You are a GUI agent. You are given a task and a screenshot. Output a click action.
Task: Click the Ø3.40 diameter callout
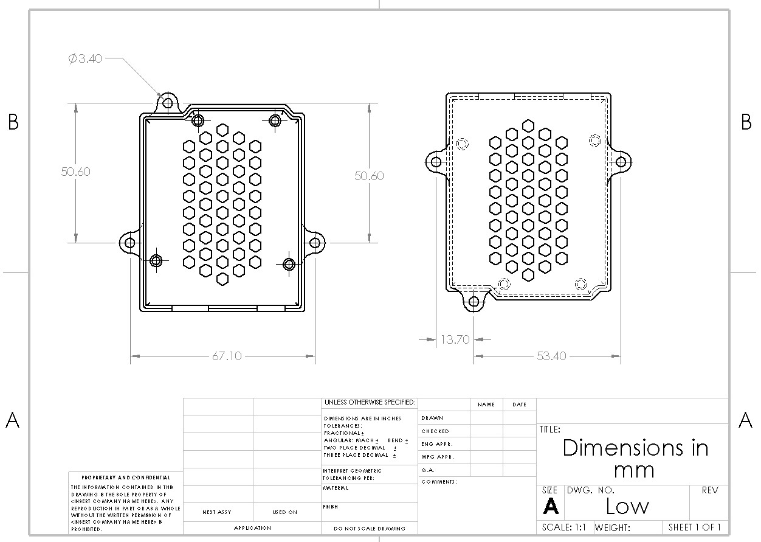pyautogui.click(x=85, y=59)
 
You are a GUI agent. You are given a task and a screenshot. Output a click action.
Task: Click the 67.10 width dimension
pyautogui.click(x=226, y=356)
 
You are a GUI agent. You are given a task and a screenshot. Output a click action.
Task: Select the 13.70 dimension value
pyautogui.click(x=455, y=339)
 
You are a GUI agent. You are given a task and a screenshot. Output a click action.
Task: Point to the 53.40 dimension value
pyautogui.click(x=551, y=356)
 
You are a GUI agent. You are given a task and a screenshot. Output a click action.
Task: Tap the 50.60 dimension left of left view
pyautogui.click(x=75, y=172)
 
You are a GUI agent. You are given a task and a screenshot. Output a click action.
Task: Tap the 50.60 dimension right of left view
pyautogui.click(x=370, y=176)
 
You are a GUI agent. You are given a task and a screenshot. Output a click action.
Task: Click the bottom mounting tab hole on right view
pyautogui.click(x=475, y=301)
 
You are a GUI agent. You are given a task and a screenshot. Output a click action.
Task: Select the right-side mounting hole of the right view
pyautogui.click(x=621, y=162)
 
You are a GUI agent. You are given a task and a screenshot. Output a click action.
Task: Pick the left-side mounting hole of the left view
pyautogui.click(x=129, y=243)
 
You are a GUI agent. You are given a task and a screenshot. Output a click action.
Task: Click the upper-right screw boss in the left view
pyautogui.click(x=275, y=120)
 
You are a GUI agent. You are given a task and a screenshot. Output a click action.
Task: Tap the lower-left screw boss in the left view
pyautogui.click(x=156, y=261)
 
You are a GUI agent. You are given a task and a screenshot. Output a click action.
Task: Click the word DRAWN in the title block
pyautogui.click(x=432, y=418)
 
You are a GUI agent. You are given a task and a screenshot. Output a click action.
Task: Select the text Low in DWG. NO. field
pyautogui.click(x=627, y=506)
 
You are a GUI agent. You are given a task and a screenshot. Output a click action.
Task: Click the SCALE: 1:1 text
pyautogui.click(x=564, y=527)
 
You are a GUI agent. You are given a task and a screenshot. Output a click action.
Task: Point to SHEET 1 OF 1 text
pyautogui.click(x=695, y=527)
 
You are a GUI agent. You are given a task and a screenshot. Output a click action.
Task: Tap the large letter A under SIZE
pyautogui.click(x=551, y=506)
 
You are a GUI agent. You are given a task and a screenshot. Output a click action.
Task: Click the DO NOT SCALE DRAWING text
pyautogui.click(x=370, y=529)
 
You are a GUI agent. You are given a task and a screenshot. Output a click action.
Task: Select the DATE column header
pyautogui.click(x=519, y=405)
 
